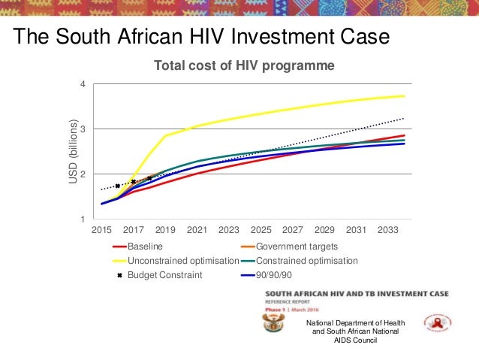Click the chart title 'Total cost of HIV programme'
pos(244,66)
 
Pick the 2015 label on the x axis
pos(101,229)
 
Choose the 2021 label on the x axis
pos(197,229)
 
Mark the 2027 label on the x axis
pos(293,229)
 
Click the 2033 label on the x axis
pos(388,229)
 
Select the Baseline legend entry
pos(145,246)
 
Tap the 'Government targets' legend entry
pos(297,246)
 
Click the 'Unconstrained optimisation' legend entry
pos(182,261)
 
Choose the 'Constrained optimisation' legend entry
pos(307,261)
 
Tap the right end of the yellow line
pos(404,95)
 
